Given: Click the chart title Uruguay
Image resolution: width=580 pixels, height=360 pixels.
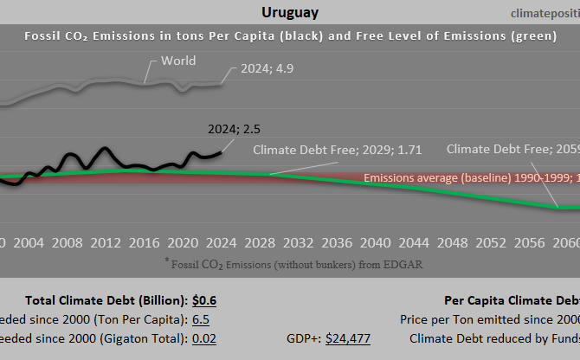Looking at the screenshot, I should coord(289,12).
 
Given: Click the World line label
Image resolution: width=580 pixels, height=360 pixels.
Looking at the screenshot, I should coord(178,61).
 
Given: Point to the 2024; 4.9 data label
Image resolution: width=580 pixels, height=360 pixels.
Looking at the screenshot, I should coord(261,69).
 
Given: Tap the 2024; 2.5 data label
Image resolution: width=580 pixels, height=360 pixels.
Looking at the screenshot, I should coord(234,129).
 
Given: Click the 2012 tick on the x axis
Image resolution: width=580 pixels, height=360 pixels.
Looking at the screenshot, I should coord(105,241).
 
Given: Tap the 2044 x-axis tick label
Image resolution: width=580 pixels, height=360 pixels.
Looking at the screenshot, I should coord(412,241).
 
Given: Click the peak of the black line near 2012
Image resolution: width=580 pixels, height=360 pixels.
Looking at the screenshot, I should coord(105,148).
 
